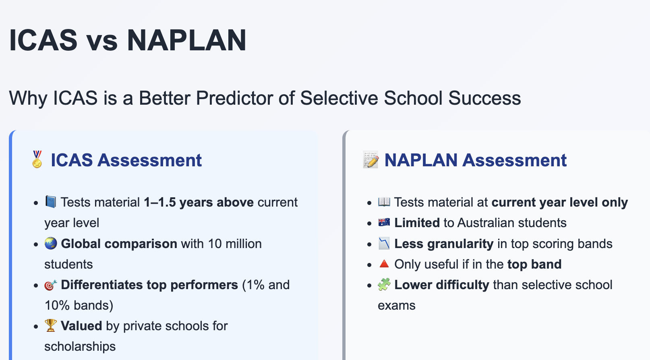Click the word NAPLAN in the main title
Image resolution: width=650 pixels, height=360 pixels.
click(x=186, y=40)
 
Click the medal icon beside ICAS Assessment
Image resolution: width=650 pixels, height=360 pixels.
click(x=37, y=159)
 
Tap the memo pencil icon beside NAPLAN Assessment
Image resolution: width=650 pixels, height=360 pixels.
click(x=371, y=160)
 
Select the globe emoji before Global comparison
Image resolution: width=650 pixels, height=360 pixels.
click(x=51, y=243)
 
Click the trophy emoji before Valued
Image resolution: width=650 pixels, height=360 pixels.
click(x=51, y=325)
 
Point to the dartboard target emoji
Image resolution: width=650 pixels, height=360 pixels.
click(x=51, y=285)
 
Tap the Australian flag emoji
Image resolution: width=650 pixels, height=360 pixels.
click(x=384, y=222)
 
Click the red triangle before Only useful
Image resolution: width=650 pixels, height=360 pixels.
click(x=384, y=264)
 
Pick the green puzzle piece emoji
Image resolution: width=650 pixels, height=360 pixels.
click(x=384, y=284)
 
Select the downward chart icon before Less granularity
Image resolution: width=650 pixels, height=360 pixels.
click(x=384, y=243)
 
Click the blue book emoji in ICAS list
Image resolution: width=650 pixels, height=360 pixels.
click(x=51, y=201)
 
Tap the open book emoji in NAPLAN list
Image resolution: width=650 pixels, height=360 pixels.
click(x=384, y=201)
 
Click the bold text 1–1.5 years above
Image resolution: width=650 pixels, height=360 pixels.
click(x=199, y=202)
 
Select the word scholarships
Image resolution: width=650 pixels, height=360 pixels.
click(x=80, y=346)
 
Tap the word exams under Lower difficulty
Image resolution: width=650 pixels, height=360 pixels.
click(x=396, y=305)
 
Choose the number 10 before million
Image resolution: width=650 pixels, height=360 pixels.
click(x=215, y=244)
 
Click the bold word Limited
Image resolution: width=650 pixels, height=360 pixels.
click(x=417, y=223)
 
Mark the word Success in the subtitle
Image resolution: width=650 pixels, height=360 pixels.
click(x=484, y=98)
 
